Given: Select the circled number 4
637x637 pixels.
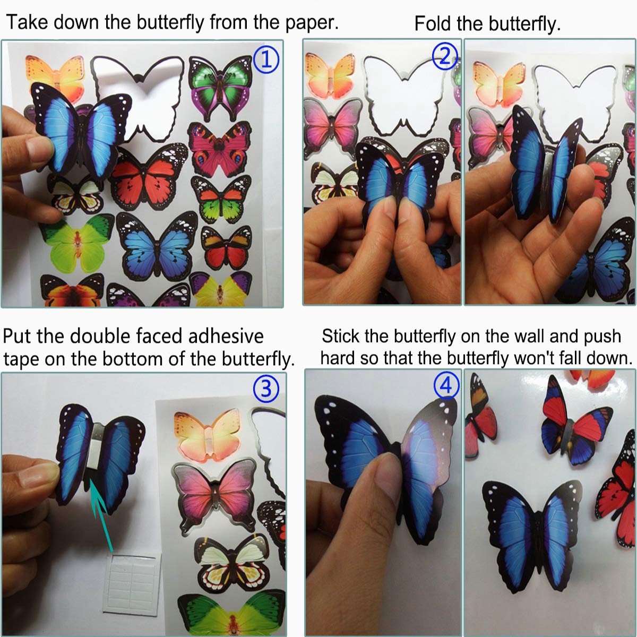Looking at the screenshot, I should [446, 385].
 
